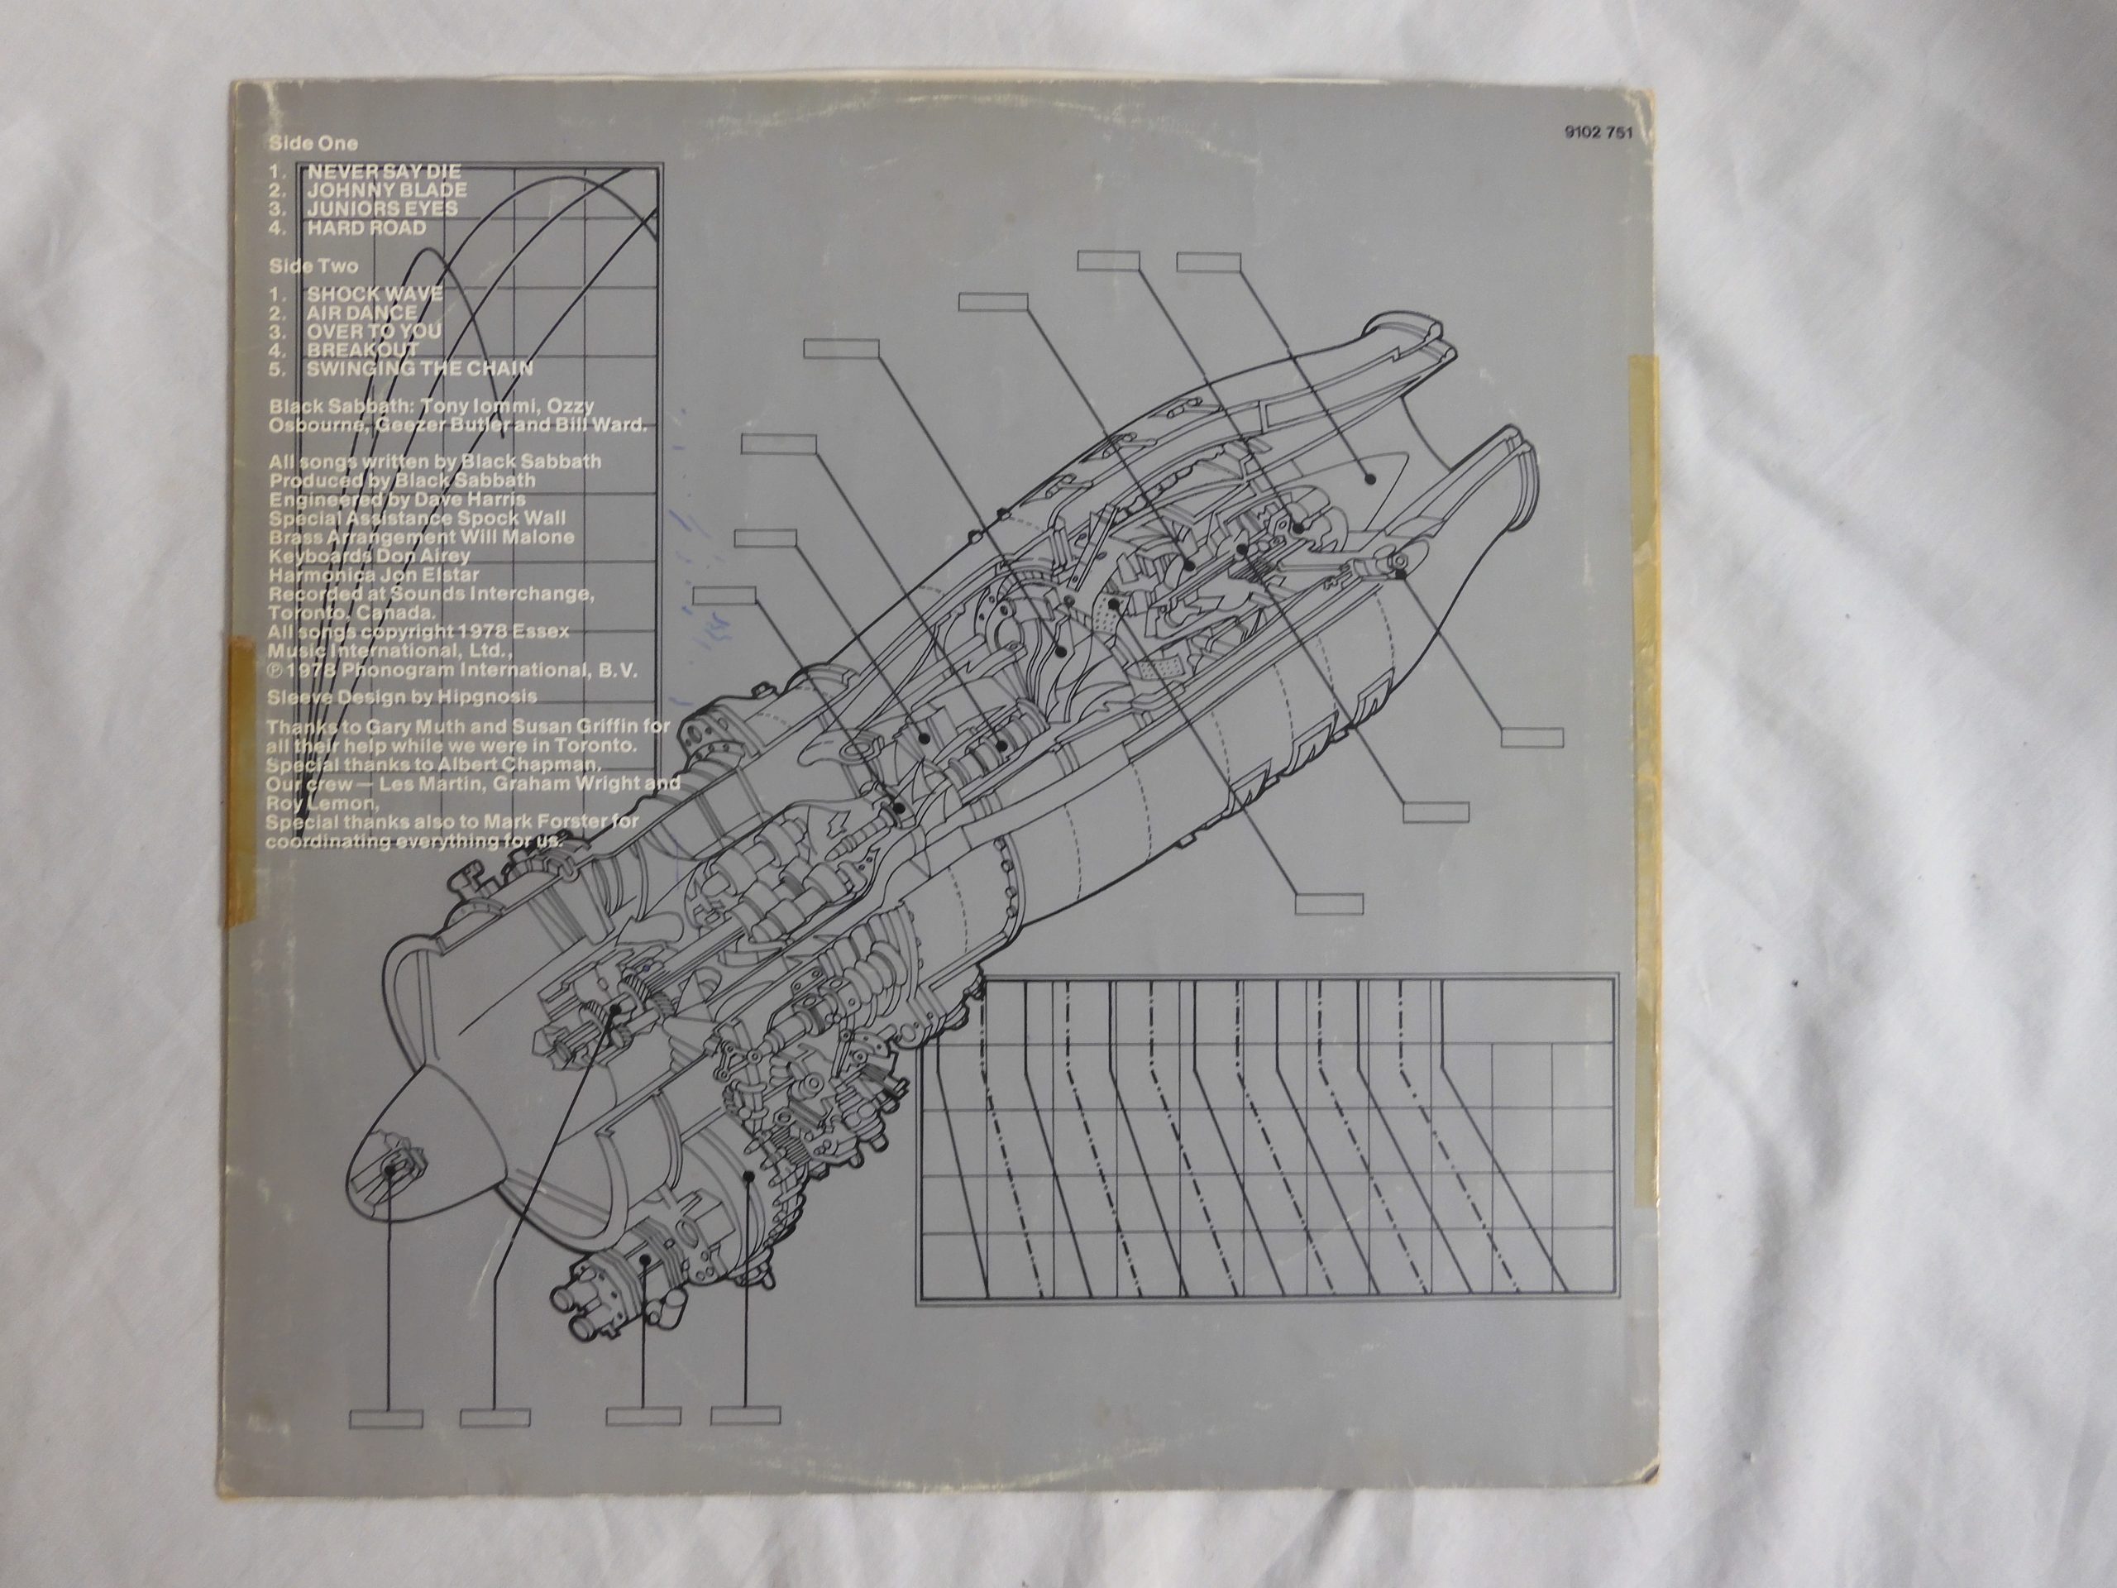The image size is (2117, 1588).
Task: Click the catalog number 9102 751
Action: [x=1598, y=134]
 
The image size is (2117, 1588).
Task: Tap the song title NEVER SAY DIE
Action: [x=384, y=172]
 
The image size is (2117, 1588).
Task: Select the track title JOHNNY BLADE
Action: [x=387, y=190]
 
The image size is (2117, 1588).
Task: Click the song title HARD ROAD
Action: [x=366, y=227]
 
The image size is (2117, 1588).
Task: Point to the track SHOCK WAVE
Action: [x=375, y=294]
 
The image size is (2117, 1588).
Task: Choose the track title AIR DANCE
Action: [x=361, y=313]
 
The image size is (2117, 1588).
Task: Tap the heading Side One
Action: [x=313, y=144]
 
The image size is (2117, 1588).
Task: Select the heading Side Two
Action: [x=313, y=266]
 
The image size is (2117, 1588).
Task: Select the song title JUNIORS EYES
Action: [x=382, y=208]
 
